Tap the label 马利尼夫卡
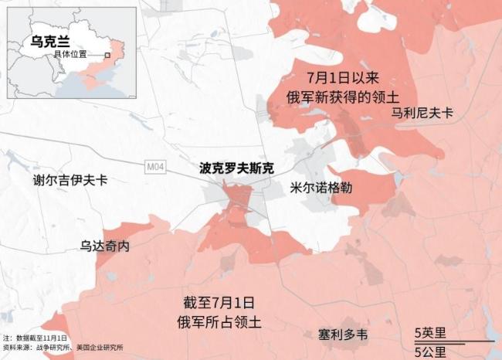[422, 113]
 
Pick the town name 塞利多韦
[343, 335]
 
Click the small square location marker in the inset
[108, 56]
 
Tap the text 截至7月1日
[219, 303]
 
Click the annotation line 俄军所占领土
[219, 322]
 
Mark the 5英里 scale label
[431, 333]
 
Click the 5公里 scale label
[431, 352]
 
